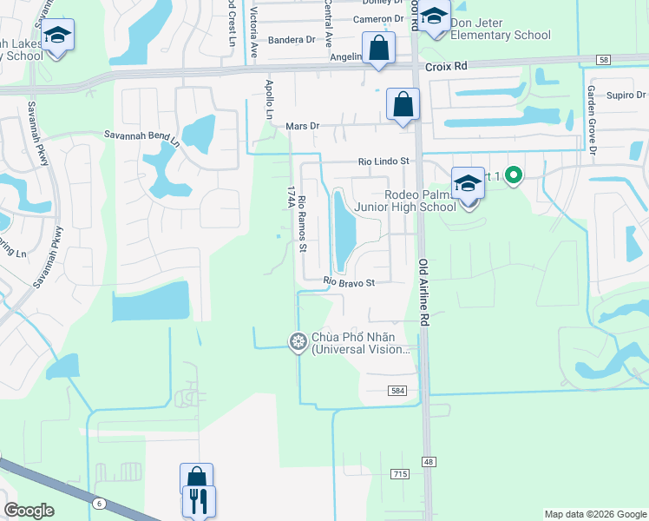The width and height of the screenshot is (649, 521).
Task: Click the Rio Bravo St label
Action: tap(349, 282)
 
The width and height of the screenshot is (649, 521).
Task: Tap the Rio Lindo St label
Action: tap(383, 162)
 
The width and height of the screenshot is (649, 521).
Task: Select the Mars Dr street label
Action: tap(303, 126)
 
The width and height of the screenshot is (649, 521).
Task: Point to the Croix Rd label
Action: tap(446, 65)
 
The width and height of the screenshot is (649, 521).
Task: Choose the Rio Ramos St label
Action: tap(302, 224)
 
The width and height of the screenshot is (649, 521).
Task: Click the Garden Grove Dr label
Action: tap(592, 120)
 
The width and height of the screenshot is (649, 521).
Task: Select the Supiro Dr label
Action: tap(626, 95)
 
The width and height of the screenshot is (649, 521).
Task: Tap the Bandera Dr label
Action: tap(292, 40)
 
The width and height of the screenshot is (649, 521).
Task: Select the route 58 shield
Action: tap(604, 59)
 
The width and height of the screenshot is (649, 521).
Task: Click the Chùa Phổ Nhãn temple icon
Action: tap(298, 342)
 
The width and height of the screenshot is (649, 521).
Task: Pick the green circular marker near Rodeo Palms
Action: tap(513, 176)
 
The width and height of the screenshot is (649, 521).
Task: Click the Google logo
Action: tap(29, 511)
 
